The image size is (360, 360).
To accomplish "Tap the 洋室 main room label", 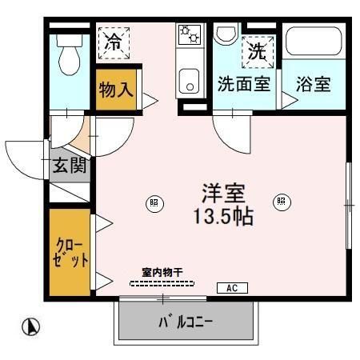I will (x=223, y=193).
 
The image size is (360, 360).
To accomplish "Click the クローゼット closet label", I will (x=70, y=251).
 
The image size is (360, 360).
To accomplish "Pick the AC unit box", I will (x=232, y=288).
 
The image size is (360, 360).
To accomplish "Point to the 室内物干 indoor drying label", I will (x=162, y=273).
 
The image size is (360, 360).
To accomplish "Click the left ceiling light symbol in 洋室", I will (x=154, y=202).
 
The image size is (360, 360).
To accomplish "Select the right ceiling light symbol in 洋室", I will (x=281, y=202).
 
